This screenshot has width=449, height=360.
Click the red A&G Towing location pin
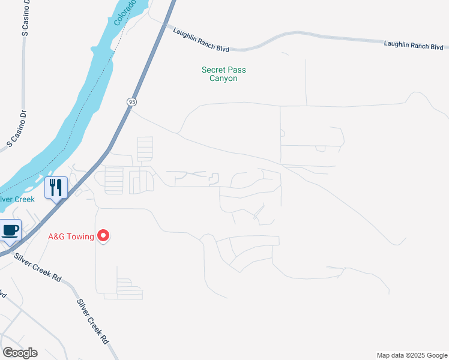(x=103, y=236)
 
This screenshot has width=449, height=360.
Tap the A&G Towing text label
(x=71, y=236)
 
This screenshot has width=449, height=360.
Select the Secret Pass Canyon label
(x=223, y=74)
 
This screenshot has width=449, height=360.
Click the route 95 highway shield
(x=131, y=102)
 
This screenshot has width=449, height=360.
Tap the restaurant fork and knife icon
(x=56, y=188)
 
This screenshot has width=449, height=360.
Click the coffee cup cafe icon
(x=10, y=230)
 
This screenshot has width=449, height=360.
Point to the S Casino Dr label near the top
(x=25, y=19)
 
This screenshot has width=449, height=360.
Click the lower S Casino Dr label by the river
(x=18, y=128)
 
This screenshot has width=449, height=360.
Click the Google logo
(x=20, y=353)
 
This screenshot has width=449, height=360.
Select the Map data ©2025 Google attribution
(x=411, y=355)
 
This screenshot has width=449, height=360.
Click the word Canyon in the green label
(x=223, y=79)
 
